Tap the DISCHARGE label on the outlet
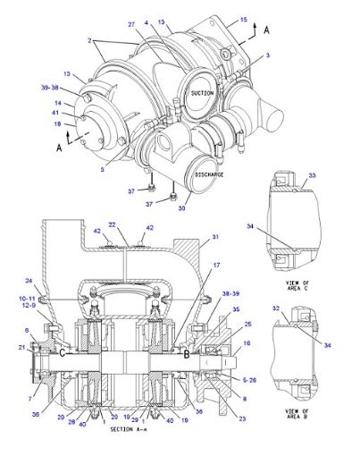(210, 174)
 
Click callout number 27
(130, 24)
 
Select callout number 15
(242, 18)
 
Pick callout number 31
(213, 238)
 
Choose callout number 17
(215, 266)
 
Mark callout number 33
(312, 178)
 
